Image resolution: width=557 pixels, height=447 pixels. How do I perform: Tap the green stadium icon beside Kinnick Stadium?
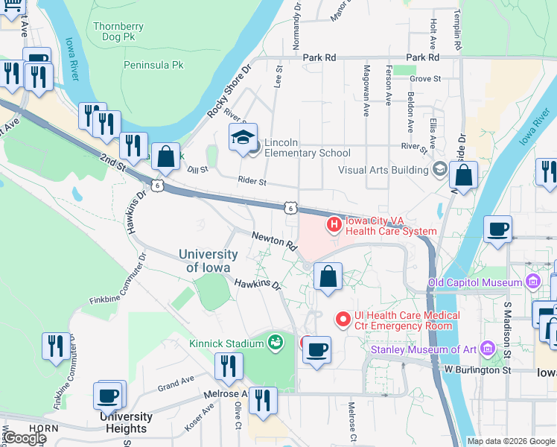(276, 342)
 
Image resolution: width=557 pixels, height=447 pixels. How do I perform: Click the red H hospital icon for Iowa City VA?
(334, 223)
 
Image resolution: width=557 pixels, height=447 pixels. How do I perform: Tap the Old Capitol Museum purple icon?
(532, 282)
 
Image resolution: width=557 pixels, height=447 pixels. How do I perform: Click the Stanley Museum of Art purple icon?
(488, 349)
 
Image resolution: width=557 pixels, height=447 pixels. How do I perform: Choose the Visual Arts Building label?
(383, 170)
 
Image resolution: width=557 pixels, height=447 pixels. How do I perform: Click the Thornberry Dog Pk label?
(118, 34)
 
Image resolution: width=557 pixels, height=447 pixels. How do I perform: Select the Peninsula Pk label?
(153, 66)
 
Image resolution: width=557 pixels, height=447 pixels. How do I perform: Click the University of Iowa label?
(209, 261)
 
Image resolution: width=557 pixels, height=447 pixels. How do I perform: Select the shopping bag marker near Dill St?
(166, 157)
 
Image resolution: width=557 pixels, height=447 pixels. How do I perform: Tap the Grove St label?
(425, 77)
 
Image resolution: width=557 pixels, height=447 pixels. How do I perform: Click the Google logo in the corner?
(24, 438)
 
